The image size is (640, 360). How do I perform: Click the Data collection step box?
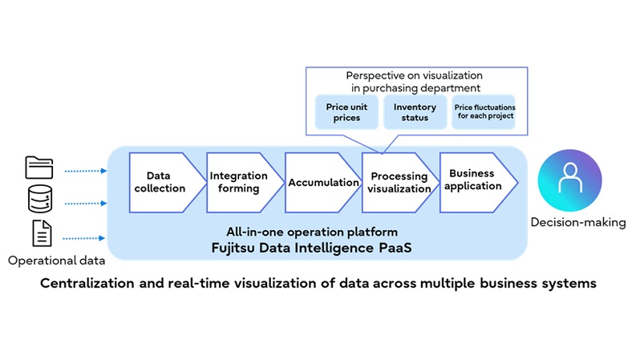tap(165, 182)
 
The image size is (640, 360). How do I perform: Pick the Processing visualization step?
tap(395, 182)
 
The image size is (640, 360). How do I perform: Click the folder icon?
tap(39, 168)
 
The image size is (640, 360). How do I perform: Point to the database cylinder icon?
tap(39, 199)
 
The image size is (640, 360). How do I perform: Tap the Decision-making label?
tap(578, 222)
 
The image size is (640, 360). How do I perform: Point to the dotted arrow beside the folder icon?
tap(85, 171)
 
